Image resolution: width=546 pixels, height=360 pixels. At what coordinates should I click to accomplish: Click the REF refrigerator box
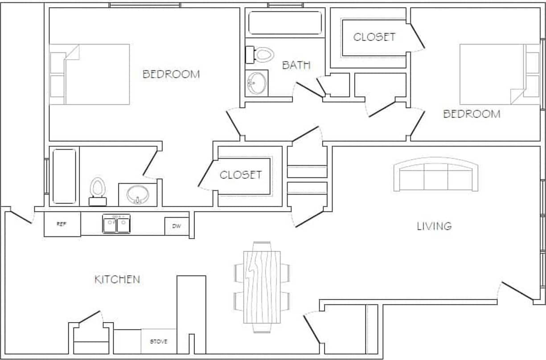[62, 224]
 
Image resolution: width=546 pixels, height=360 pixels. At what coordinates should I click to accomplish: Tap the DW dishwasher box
[177, 226]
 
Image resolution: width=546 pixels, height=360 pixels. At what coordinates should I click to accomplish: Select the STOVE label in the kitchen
[159, 341]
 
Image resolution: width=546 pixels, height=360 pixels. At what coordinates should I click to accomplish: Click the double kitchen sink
[116, 224]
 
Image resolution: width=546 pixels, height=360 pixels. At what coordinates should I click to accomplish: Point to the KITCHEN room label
[117, 279]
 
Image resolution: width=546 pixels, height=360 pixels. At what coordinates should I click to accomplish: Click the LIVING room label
[434, 226]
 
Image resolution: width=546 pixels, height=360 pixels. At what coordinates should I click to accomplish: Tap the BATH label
[296, 65]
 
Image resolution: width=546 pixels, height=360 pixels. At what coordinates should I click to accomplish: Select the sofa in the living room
[435, 175]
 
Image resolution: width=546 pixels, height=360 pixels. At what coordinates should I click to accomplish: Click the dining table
[262, 287]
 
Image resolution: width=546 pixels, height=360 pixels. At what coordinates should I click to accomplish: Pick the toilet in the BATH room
[260, 54]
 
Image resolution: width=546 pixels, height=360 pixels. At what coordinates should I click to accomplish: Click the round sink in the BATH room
[257, 83]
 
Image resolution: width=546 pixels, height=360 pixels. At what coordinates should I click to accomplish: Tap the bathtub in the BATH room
[285, 23]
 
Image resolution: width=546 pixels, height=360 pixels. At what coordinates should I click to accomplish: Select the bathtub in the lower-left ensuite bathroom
[64, 176]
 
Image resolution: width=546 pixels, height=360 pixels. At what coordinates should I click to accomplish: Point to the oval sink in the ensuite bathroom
[137, 195]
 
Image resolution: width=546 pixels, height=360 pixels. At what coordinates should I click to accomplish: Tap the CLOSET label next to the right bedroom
[374, 37]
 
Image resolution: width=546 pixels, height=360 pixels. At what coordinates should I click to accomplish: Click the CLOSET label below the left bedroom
[241, 175]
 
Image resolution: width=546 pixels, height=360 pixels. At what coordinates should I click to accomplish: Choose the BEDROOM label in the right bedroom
[472, 114]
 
